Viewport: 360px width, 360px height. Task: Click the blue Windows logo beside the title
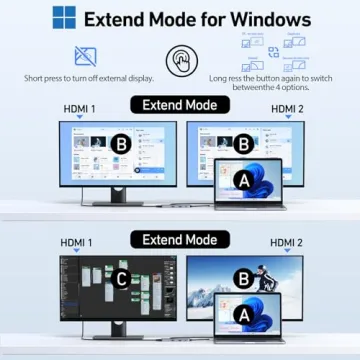click(63, 18)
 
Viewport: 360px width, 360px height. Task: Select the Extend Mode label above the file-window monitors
click(180, 104)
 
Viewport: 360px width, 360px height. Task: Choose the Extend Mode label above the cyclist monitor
click(180, 240)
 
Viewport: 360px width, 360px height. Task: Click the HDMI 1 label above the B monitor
click(78, 110)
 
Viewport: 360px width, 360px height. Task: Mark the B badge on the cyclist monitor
click(242, 277)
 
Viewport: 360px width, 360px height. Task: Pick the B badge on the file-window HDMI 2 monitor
click(242, 143)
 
